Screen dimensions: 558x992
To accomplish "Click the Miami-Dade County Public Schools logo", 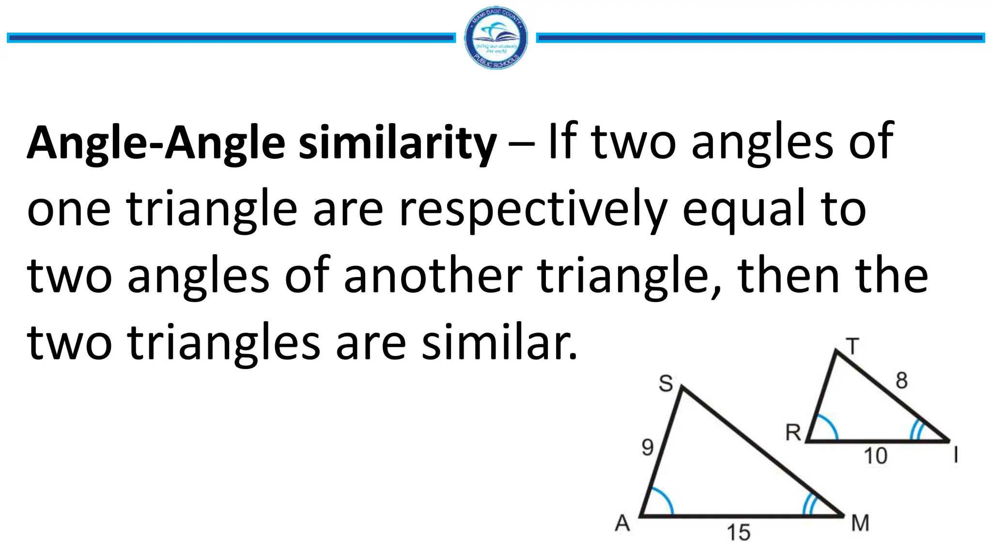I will pyautogui.click(x=496, y=38).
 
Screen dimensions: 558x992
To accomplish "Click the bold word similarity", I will pyautogui.click(x=397, y=142).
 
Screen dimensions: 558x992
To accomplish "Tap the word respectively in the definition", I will pyautogui.click(x=533, y=209).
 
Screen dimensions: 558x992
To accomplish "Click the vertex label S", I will pyautogui.click(x=666, y=384).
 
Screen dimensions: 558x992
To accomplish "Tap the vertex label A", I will pyautogui.click(x=622, y=523).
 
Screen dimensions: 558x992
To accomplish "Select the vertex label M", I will pyautogui.click(x=860, y=523).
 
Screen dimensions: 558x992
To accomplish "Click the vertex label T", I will pyautogui.click(x=852, y=347).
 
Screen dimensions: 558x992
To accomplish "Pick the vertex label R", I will pyautogui.click(x=793, y=433).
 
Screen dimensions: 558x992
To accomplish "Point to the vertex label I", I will pyautogui.click(x=956, y=455).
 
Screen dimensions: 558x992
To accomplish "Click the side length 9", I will pyautogui.click(x=648, y=447).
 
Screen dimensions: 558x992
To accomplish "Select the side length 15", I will pyautogui.click(x=738, y=533).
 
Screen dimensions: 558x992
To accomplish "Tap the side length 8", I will pyautogui.click(x=901, y=380).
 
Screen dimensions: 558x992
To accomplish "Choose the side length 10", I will pyautogui.click(x=875, y=456).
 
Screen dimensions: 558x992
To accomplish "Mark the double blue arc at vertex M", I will pyautogui.click(x=808, y=505).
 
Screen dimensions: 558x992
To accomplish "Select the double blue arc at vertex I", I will pyautogui.click(x=915, y=429).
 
